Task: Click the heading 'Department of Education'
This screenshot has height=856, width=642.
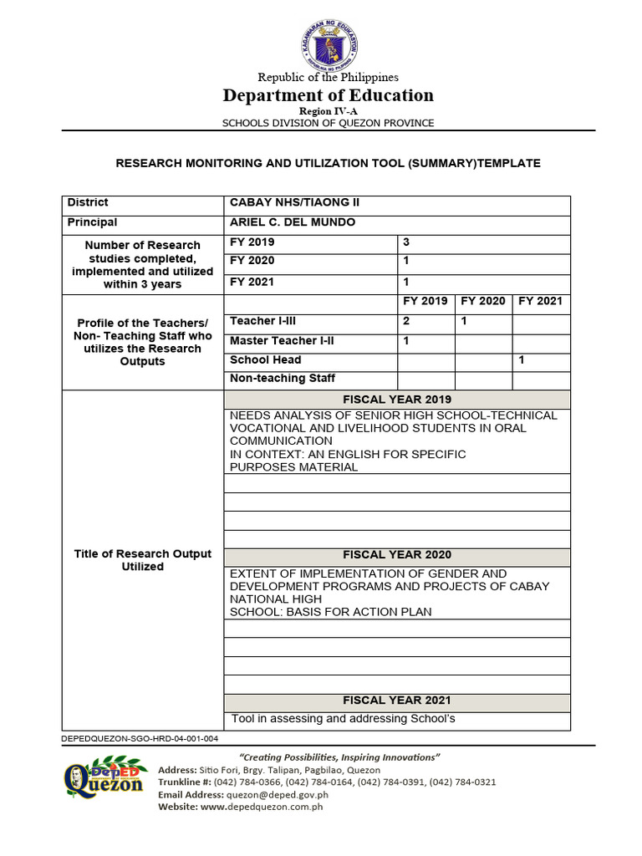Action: (328, 95)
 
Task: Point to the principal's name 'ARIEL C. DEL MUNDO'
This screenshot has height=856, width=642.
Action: (293, 222)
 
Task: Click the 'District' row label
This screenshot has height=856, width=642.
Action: (88, 203)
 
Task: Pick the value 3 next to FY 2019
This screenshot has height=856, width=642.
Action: (406, 242)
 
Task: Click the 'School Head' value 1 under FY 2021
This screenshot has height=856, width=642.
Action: (522, 360)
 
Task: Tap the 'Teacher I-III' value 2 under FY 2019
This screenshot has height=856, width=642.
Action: (406, 321)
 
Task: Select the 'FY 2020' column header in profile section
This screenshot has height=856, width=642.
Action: (483, 302)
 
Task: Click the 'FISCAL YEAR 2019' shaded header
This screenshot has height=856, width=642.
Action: (397, 400)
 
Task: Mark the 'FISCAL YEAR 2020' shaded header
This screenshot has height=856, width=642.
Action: (397, 555)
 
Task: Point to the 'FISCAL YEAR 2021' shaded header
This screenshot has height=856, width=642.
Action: (397, 701)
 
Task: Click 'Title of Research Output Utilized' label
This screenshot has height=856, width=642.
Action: (143, 560)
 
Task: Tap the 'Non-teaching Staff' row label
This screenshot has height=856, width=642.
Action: (271, 379)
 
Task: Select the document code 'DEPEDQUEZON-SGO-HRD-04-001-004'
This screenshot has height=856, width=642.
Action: (140, 739)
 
